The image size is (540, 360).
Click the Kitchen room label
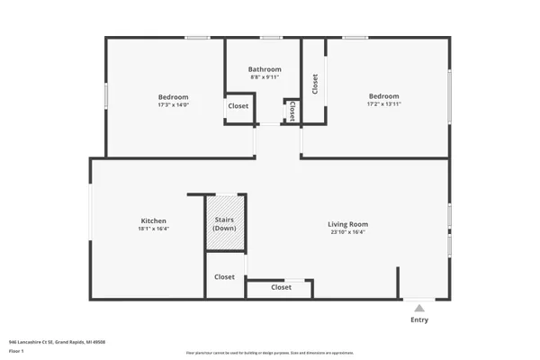[153, 220]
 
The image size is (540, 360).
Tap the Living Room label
[348, 224]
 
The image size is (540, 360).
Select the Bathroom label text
[265, 69]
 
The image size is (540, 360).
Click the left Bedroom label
[173, 97]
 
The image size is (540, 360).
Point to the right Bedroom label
[383, 96]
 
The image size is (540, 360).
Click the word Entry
[419, 319]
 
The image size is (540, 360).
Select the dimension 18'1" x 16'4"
[153, 229]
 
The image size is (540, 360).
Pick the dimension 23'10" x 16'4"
[348, 232]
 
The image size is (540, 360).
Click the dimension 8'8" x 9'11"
[265, 77]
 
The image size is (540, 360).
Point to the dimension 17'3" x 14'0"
[173, 105]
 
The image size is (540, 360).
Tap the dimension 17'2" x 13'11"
[383, 104]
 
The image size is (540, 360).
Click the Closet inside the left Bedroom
[238, 106]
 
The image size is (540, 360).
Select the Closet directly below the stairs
[225, 277]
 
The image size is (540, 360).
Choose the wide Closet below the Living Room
[281, 288]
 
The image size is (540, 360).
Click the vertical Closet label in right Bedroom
[315, 84]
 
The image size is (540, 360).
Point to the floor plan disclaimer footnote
[270, 353]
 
